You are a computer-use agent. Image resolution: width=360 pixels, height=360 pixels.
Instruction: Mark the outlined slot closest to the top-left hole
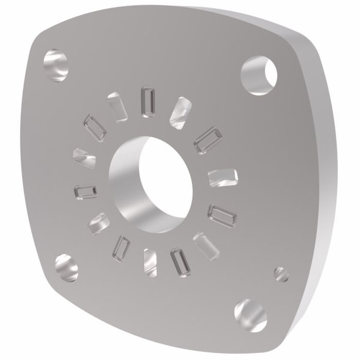[95, 126]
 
